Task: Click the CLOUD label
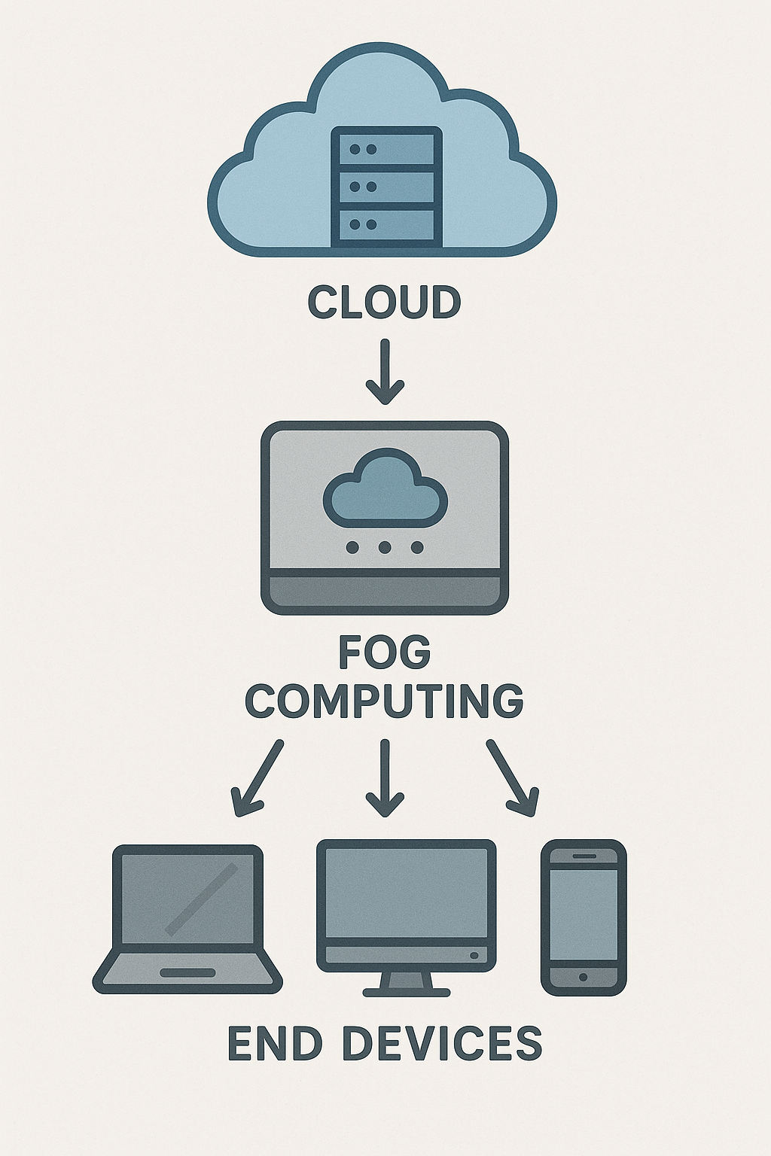(384, 302)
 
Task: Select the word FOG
(384, 652)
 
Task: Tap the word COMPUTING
(384, 701)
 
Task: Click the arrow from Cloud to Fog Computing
(385, 372)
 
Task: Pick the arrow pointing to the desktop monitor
(385, 778)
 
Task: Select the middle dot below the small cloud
(385, 547)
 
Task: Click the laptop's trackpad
(187, 972)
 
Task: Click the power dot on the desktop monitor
(474, 955)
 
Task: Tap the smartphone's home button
(584, 977)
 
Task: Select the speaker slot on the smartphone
(584, 856)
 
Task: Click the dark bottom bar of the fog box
(385, 591)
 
